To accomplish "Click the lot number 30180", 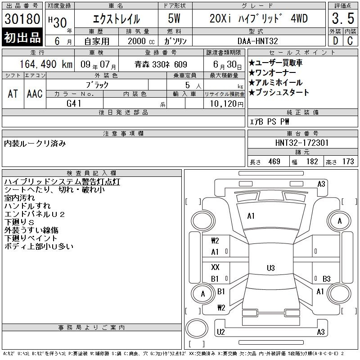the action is click(22, 19).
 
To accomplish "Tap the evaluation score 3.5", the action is click(343, 18).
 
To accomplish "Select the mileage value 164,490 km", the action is click(46, 64).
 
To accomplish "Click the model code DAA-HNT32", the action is click(257, 41).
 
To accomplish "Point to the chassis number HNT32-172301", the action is click(302, 143).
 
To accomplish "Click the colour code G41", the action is click(74, 103).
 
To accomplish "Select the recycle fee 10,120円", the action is click(226, 104).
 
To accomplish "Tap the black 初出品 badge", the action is click(22, 37).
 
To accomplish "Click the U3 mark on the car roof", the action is click(271, 268).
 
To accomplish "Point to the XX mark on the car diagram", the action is click(215, 267).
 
